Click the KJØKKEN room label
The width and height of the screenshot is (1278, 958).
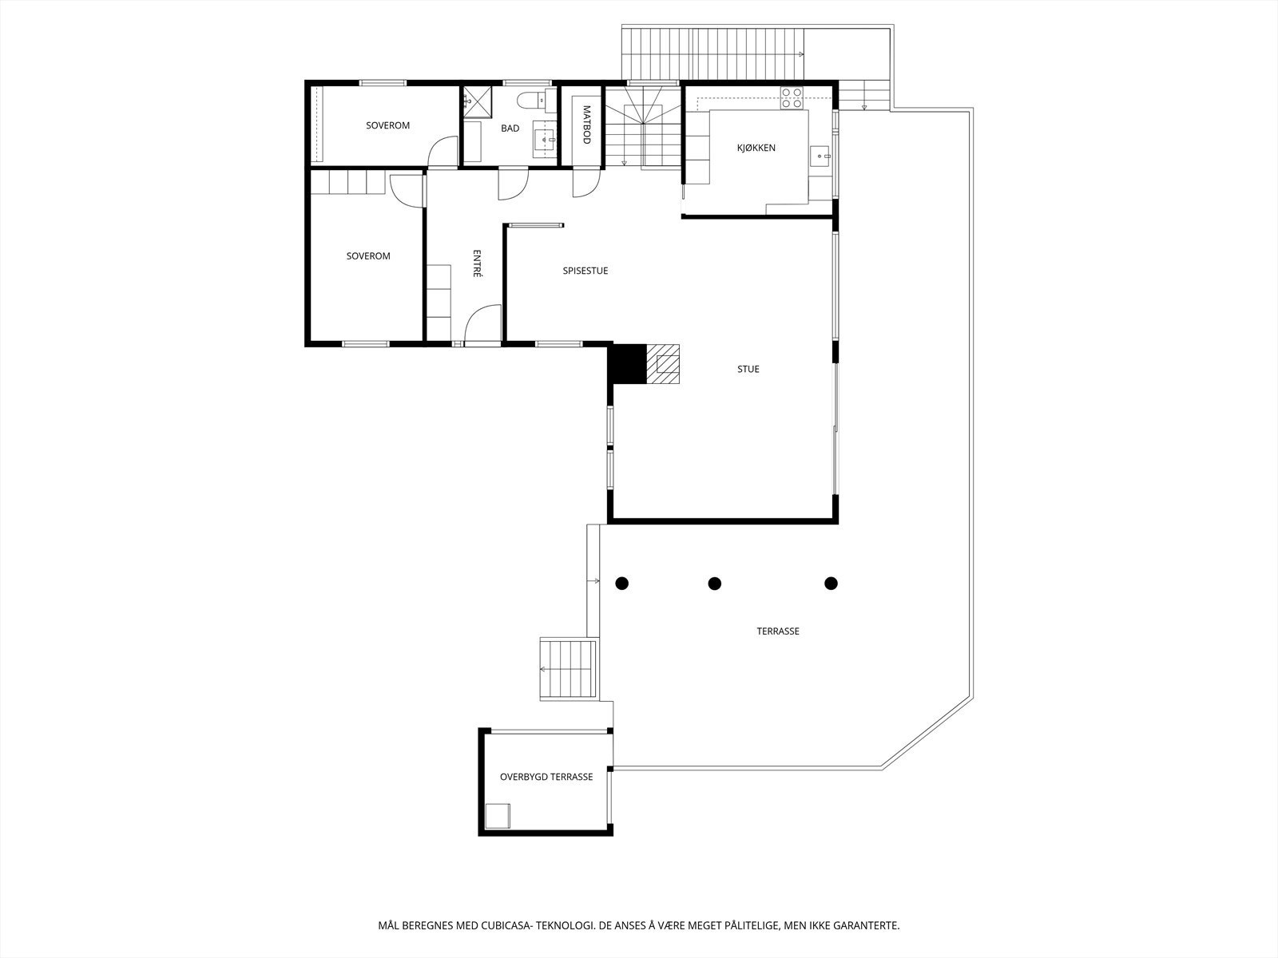tap(756, 148)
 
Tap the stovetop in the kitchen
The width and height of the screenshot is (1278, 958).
tap(792, 97)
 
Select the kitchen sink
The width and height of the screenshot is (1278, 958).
tap(820, 156)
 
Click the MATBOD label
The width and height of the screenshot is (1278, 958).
tap(586, 125)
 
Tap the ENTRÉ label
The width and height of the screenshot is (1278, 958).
tap(477, 263)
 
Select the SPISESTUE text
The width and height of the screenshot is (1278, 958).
tap(585, 271)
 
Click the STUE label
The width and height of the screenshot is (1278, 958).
tap(748, 369)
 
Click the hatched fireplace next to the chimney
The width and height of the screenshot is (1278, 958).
tap(662, 363)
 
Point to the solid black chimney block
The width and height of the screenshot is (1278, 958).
tap(627, 363)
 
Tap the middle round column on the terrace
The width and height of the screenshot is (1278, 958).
tap(715, 583)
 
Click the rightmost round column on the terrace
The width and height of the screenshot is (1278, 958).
tap(831, 583)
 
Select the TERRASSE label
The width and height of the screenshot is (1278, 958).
tap(778, 631)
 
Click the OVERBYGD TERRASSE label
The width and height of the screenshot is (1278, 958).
tap(546, 777)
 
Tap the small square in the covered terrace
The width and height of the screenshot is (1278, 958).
tap(498, 817)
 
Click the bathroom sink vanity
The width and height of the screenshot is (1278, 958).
tap(545, 140)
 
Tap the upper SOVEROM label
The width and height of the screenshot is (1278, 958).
tap(387, 125)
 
